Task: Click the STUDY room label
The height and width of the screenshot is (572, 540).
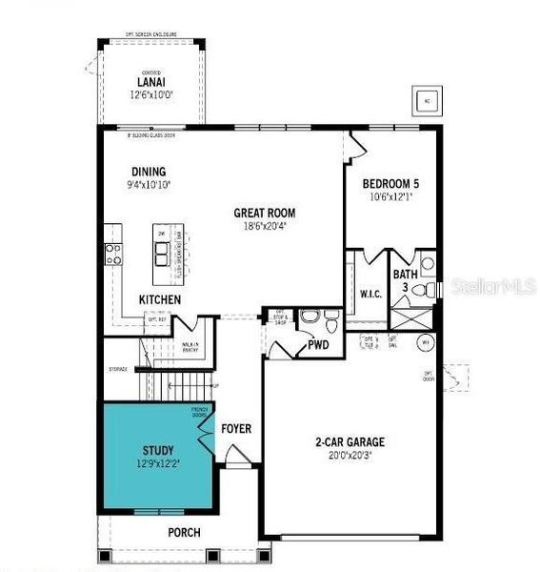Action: coord(158,450)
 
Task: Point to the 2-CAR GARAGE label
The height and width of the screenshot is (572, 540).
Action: coord(350,441)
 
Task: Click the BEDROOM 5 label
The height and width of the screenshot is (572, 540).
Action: coord(392,183)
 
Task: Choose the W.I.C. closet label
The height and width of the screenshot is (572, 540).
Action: coord(370,294)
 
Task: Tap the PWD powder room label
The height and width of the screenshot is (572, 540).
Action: coord(317,345)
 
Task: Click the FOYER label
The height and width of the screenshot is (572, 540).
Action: coord(236,429)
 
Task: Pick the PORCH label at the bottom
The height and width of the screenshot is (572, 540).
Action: coord(184,532)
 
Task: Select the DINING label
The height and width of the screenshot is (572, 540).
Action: coord(149,173)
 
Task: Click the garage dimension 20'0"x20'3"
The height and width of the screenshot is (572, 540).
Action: coord(350,456)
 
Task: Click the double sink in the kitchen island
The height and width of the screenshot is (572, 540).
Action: coord(163,251)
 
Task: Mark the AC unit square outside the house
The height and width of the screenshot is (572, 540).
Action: coord(427,100)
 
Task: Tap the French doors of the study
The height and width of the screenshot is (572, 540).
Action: coord(205,428)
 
